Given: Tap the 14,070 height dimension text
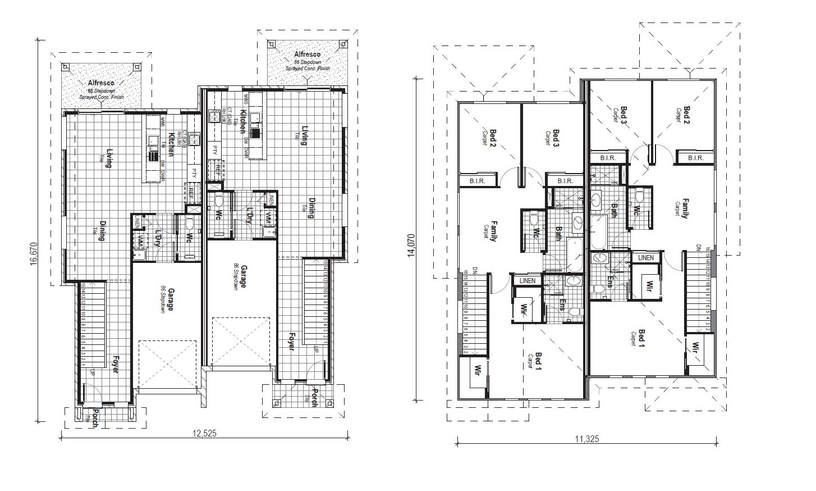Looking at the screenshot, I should pos(412,245).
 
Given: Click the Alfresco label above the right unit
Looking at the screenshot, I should pos(308,54).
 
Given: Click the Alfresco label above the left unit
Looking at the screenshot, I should pos(101,83).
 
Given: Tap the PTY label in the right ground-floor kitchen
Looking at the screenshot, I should pos(215,150).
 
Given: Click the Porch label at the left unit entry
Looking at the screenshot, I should pos(96,419).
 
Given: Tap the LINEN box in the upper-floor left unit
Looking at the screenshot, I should pos(528,280).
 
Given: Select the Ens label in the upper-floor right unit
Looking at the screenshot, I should pos(611,281).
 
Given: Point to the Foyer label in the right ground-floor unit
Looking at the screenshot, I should pos(291,342).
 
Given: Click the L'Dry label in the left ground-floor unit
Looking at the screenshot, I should pos(158,238).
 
